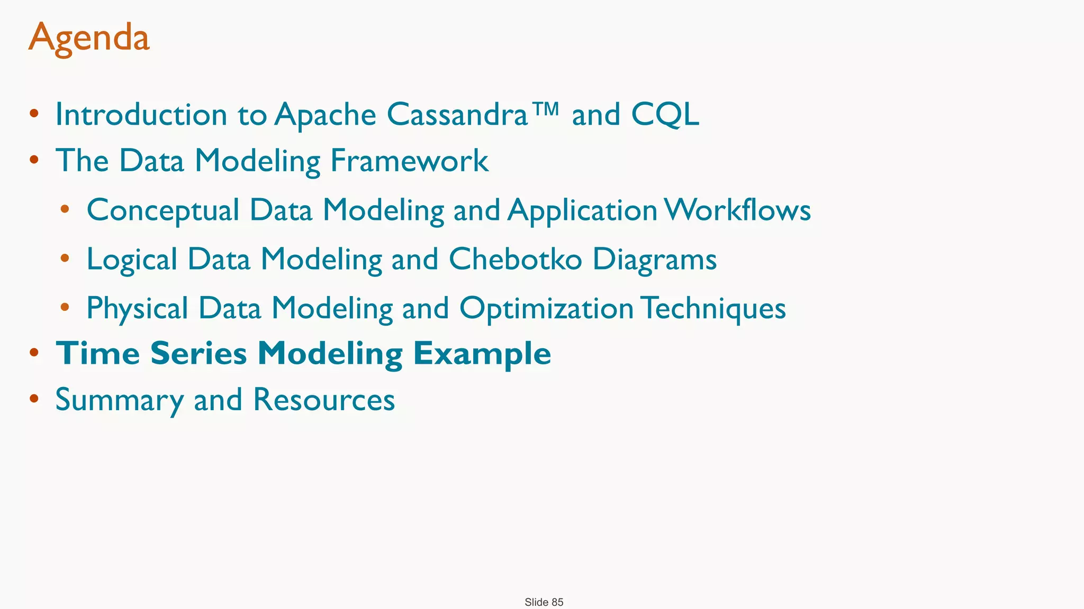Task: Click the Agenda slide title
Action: pyautogui.click(x=89, y=38)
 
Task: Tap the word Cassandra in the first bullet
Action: pyautogui.click(x=457, y=114)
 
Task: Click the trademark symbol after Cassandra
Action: pyautogui.click(x=545, y=109)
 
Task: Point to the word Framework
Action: pyautogui.click(x=409, y=161)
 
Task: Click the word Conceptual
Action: pyautogui.click(x=163, y=210)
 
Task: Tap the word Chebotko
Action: pyautogui.click(x=515, y=259)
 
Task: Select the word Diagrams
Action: pyautogui.click(x=654, y=260)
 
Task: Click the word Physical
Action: pyautogui.click(x=138, y=308)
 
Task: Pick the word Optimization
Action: pyautogui.click(x=546, y=308)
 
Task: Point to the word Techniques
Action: pyautogui.click(x=715, y=308)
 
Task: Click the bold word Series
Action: pyautogui.click(x=198, y=353)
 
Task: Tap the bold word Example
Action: pyautogui.click(x=482, y=354)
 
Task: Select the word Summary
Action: pyautogui.click(x=119, y=400)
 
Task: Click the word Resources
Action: pyautogui.click(x=324, y=400)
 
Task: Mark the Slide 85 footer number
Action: pyautogui.click(x=544, y=602)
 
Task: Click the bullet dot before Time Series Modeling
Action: pyautogui.click(x=34, y=353)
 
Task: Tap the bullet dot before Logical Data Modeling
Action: pyautogui.click(x=65, y=259)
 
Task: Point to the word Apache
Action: pyautogui.click(x=325, y=115)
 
